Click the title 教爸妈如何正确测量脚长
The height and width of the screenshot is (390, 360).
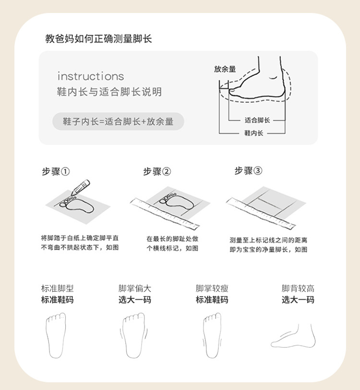coord(98,39)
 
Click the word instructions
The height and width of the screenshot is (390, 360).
coord(91,76)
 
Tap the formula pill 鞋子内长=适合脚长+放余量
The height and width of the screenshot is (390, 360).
coord(118,122)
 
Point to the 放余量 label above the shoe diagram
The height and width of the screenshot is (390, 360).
coord(225,69)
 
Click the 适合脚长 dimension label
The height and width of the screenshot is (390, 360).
coord(257,121)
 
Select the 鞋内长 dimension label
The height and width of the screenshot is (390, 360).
coord(253,133)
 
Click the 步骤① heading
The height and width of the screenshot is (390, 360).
coord(56,171)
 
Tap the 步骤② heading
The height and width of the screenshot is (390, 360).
coord(157,171)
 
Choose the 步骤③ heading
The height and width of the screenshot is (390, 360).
coord(248,171)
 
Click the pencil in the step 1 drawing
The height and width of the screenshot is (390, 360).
coord(80,187)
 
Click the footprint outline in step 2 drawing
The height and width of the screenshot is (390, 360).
coord(177,202)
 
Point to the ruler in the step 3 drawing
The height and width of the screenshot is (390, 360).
coord(261,213)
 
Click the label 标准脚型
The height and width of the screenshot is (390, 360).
coord(58,289)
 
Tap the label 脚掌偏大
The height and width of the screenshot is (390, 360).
coord(135,289)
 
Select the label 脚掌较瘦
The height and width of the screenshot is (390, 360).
coord(212,289)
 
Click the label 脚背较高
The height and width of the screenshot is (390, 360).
coord(298,289)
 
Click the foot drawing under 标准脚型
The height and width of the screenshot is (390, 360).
coord(56,336)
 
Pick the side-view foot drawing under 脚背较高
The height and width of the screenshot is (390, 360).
coord(293,336)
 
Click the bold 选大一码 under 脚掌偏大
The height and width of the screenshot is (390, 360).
coord(135,300)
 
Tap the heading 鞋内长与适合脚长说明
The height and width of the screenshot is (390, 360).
coord(109,92)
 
